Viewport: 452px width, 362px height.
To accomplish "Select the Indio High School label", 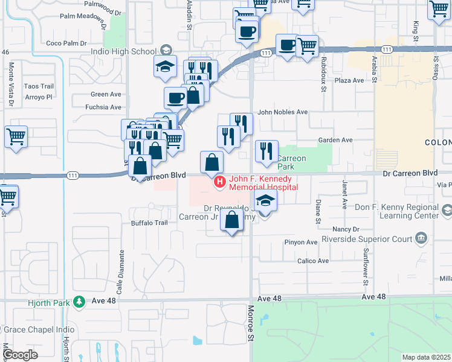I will click(x=123, y=51).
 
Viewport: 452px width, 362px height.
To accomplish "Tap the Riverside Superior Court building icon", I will click(x=421, y=240).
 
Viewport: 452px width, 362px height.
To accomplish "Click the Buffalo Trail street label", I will click(x=149, y=223).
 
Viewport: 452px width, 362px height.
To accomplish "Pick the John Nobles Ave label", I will click(x=283, y=112).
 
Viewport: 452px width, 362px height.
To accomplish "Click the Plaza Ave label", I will click(x=349, y=80).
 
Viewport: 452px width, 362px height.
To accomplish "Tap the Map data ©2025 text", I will click(x=425, y=357).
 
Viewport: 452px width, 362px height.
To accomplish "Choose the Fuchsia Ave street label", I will click(x=103, y=107).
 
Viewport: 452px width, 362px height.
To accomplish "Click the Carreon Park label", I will click(x=292, y=162).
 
